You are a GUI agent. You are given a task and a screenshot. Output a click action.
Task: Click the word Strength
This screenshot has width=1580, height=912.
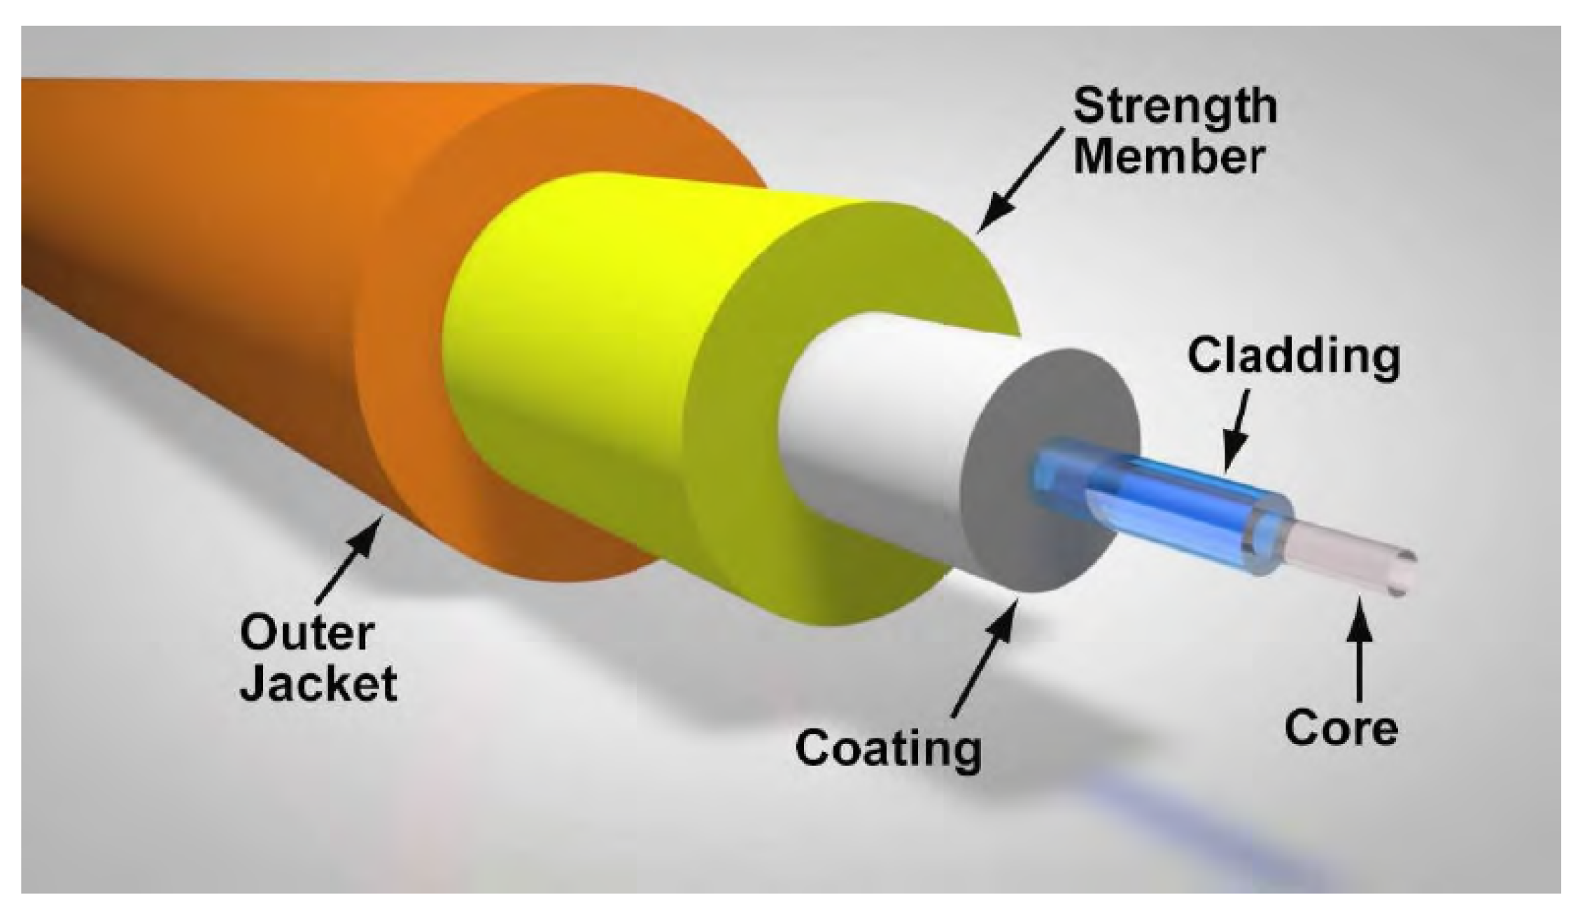point(1175,106)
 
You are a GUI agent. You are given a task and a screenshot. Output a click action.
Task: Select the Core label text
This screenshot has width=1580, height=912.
point(1341,728)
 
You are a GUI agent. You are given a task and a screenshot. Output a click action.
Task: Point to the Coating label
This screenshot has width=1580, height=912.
point(889,749)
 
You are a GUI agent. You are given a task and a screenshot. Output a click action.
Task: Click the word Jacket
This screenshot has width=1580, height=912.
point(318,685)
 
